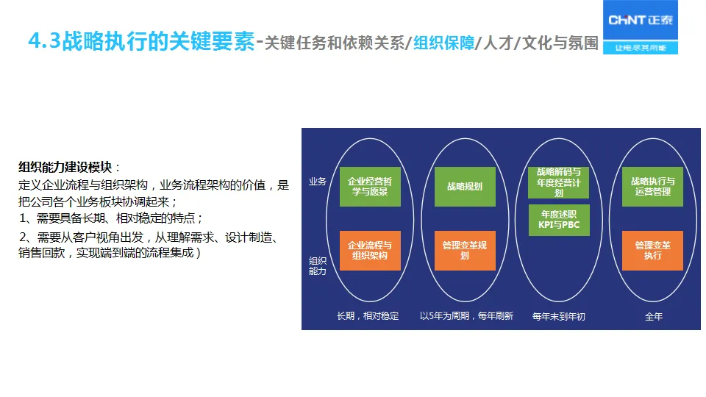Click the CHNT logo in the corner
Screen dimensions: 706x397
pos(640,21)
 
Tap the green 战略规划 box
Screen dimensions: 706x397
pos(465,187)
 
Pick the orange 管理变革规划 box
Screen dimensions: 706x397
pos(465,251)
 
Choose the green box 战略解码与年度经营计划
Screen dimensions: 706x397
pos(559,182)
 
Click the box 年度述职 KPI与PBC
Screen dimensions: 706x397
pos(559,219)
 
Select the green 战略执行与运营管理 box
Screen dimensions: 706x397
pos(652,187)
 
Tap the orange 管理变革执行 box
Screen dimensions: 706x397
pos(652,251)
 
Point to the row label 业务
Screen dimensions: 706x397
pos(318,182)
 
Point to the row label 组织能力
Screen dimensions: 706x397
pos(318,265)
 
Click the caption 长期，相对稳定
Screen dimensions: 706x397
pos(368,316)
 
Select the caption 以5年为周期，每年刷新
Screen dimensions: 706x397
pos(466,316)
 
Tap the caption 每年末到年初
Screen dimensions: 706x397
pos(559,317)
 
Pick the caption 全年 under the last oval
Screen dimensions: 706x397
pos(653,317)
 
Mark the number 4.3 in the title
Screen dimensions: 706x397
pos(43,42)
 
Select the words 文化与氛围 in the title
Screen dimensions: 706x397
pos(564,43)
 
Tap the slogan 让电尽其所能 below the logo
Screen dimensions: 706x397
pos(640,48)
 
